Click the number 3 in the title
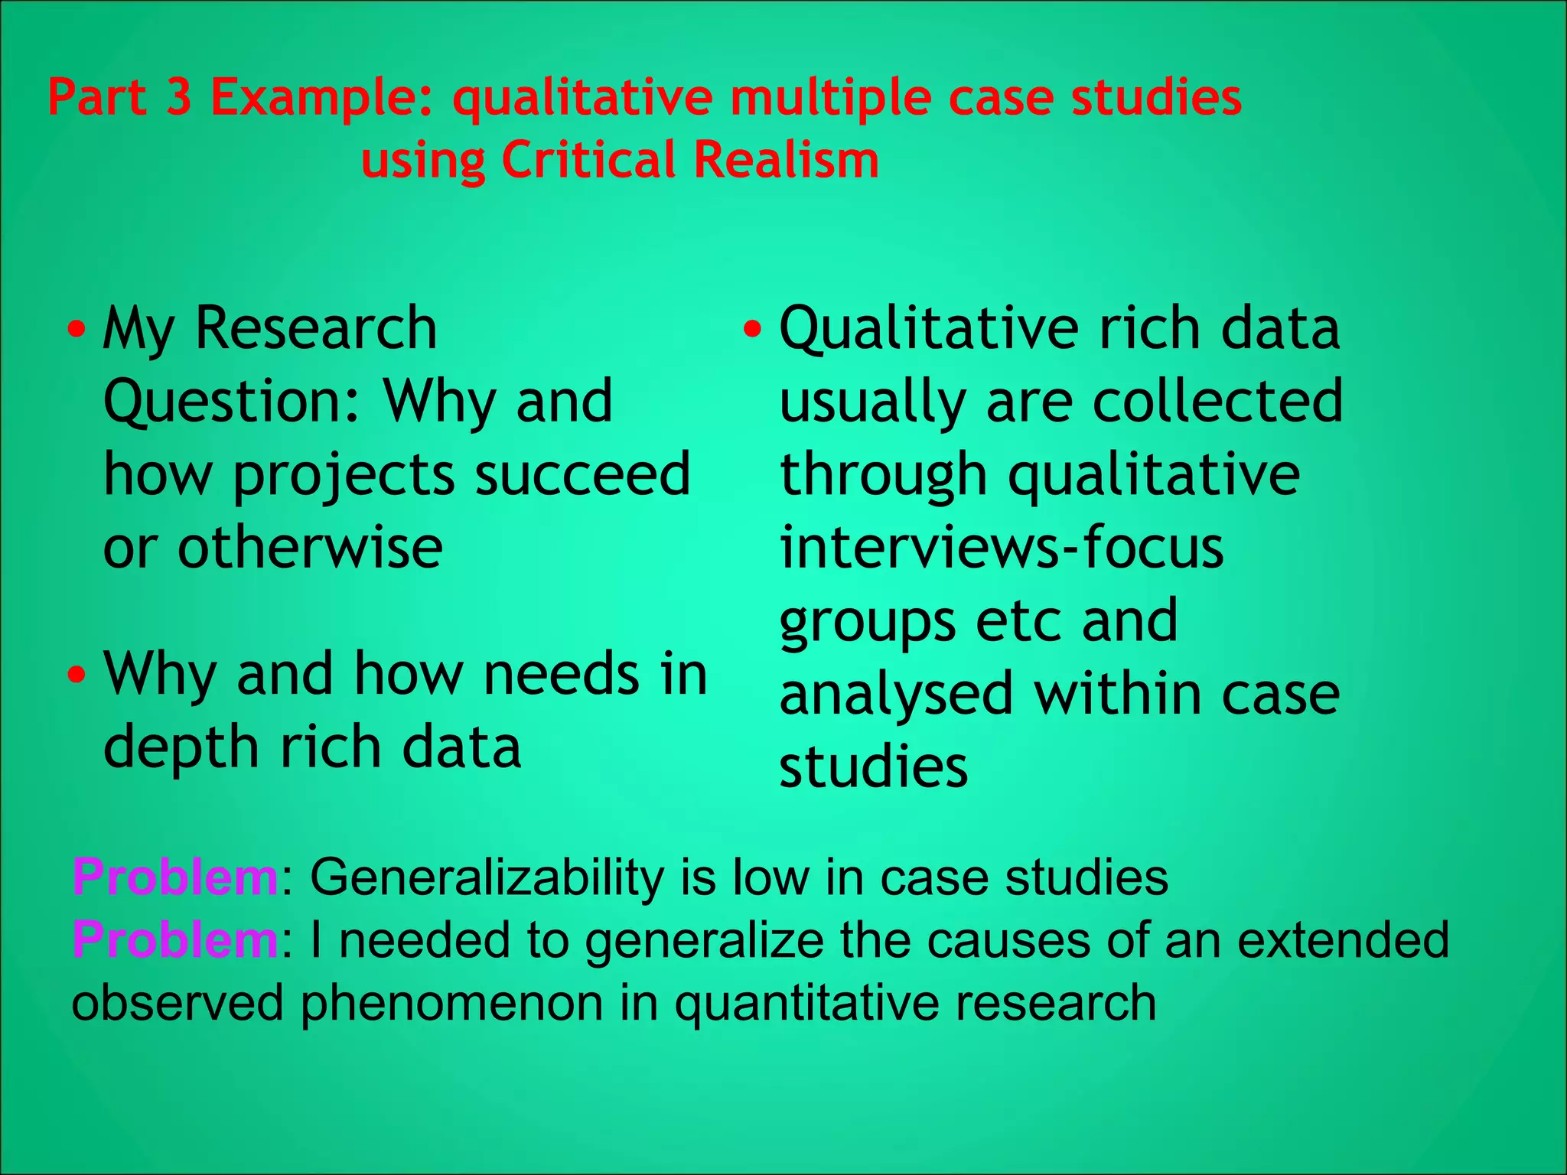click(x=178, y=98)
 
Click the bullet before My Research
click(x=77, y=331)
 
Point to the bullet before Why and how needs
click(x=77, y=675)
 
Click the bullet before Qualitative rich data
click(x=753, y=330)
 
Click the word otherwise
click(x=310, y=548)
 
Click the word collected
click(x=1217, y=401)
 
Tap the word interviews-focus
click(x=1002, y=548)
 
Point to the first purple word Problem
click(x=175, y=877)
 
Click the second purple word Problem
click(x=175, y=940)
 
